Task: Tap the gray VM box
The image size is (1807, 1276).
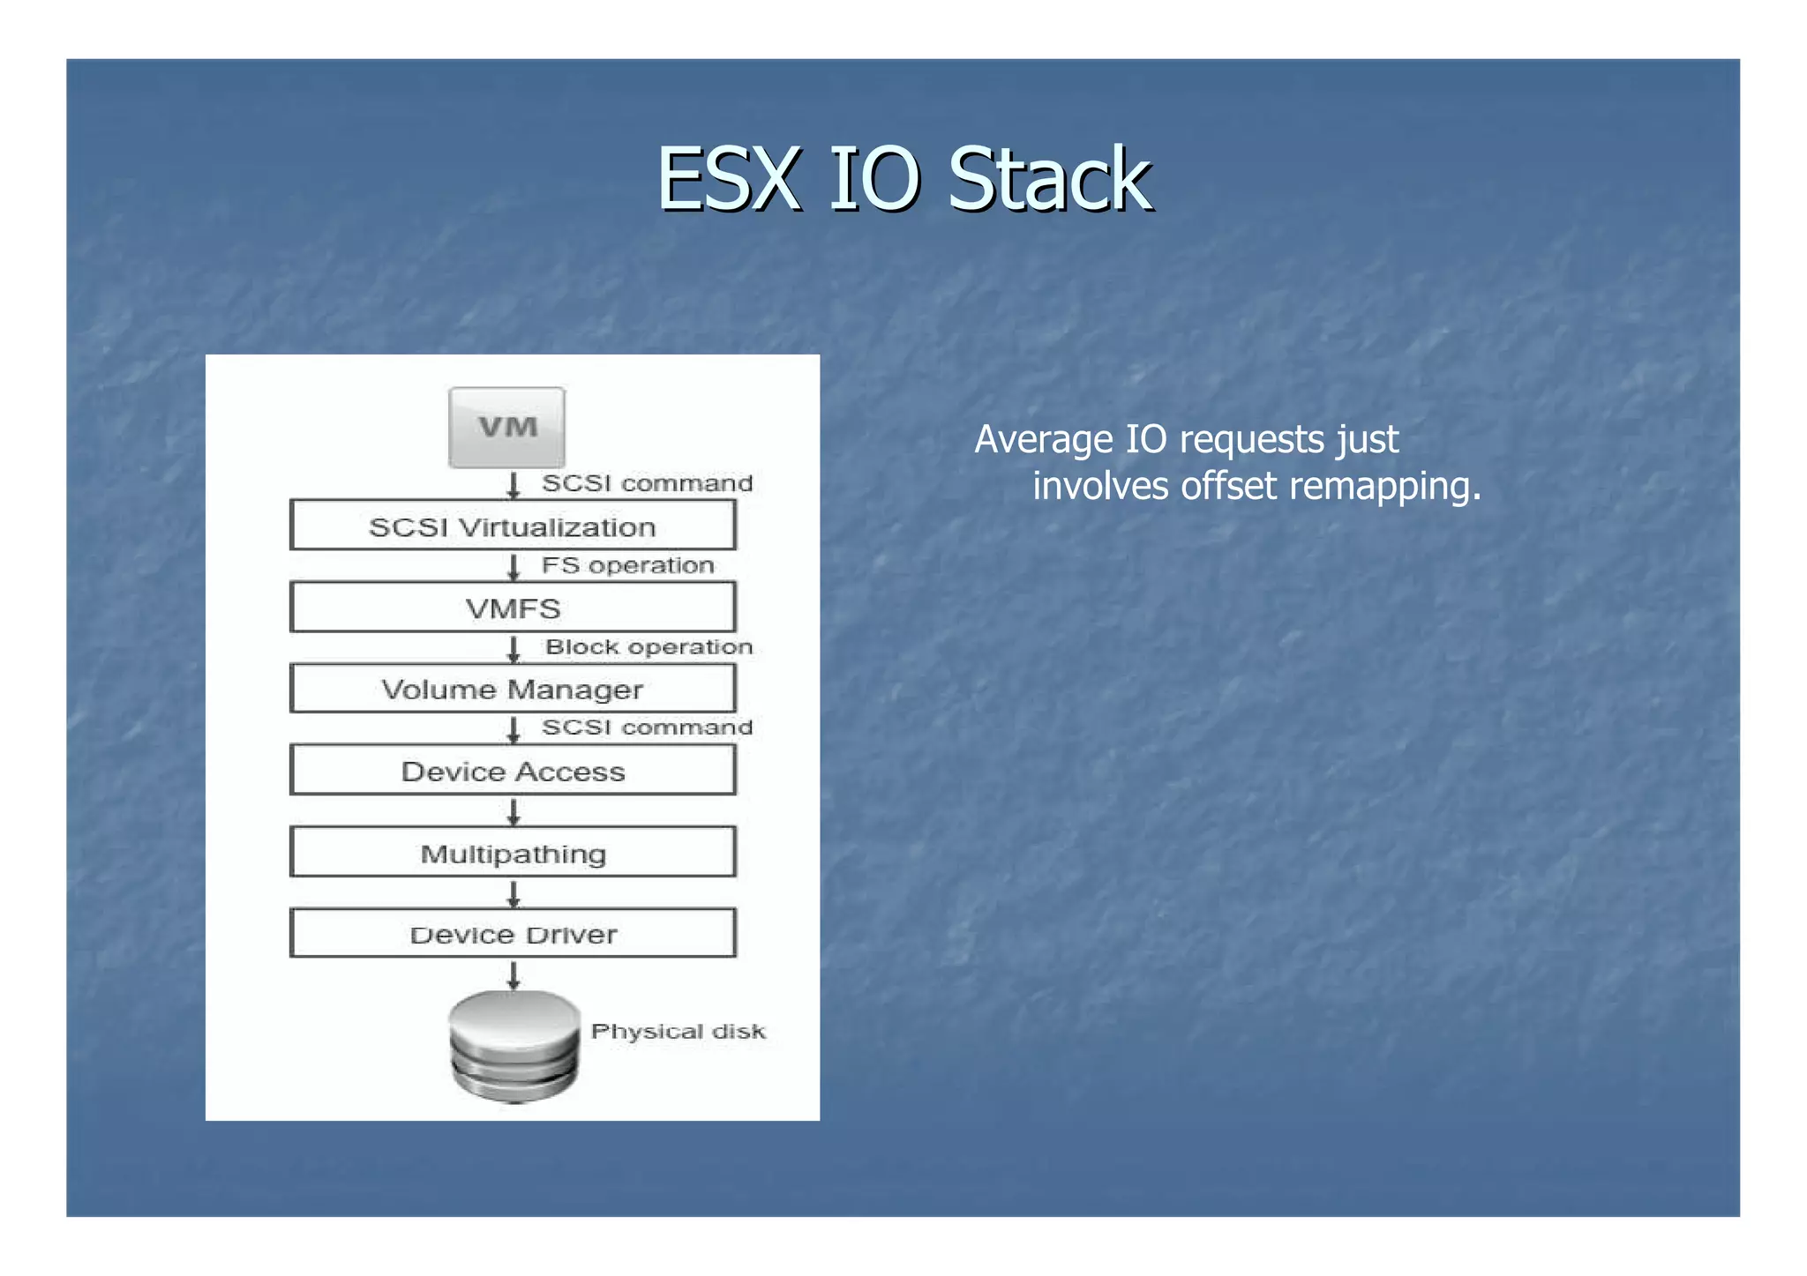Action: click(506, 428)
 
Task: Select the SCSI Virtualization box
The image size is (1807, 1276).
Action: click(513, 526)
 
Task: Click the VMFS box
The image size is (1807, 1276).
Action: click(513, 608)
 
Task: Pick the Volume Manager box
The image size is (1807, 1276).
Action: click(513, 689)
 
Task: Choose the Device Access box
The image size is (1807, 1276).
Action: click(513, 771)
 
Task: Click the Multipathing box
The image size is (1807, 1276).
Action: click(513, 853)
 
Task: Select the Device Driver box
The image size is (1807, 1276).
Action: click(513, 934)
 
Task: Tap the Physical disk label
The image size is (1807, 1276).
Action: click(678, 1032)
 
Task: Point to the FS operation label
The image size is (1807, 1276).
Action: click(627, 565)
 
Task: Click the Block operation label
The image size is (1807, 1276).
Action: click(649, 646)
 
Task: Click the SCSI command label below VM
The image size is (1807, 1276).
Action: click(647, 483)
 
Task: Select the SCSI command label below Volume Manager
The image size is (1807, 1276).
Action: click(647, 728)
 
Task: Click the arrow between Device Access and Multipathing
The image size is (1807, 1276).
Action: click(514, 811)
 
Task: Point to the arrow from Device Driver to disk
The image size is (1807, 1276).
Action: click(514, 975)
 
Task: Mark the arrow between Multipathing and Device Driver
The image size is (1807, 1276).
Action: click(514, 893)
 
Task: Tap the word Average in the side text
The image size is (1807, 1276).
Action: click(1043, 439)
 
